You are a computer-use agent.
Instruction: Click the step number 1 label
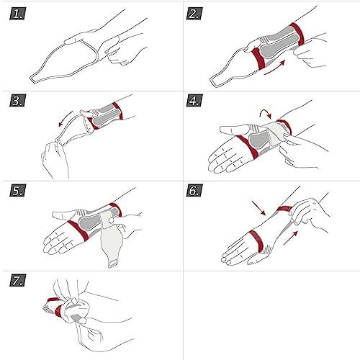(19, 14)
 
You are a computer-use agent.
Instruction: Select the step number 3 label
(19, 102)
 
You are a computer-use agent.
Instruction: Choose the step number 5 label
(19, 192)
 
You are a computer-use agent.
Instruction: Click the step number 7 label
(19, 281)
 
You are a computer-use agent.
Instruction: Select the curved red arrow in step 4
(265, 113)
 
